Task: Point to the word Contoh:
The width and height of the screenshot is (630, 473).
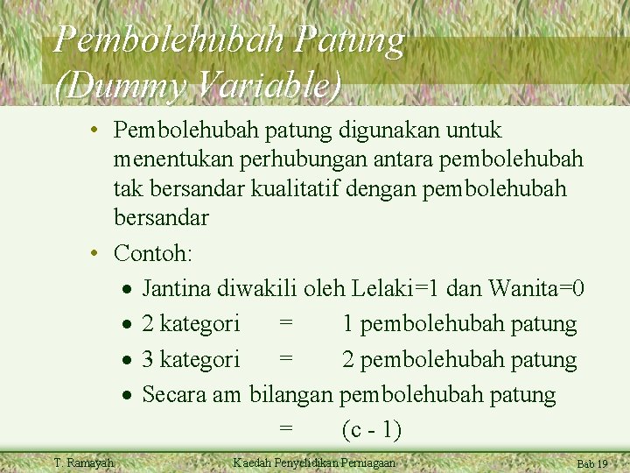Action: (154, 254)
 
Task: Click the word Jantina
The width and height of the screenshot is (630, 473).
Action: (181, 288)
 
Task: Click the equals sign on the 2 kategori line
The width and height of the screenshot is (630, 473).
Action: (286, 324)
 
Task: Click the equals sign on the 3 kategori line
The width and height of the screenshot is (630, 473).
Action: (286, 360)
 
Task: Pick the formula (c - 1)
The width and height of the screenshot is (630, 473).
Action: (372, 430)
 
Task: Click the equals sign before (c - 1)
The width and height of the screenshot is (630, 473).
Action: (286, 430)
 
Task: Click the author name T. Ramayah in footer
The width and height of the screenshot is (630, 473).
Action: (83, 462)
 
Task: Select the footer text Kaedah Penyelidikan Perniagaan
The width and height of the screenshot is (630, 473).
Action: (314, 462)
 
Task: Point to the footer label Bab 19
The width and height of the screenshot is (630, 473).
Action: (591, 464)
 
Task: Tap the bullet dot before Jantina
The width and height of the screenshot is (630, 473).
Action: (128, 289)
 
